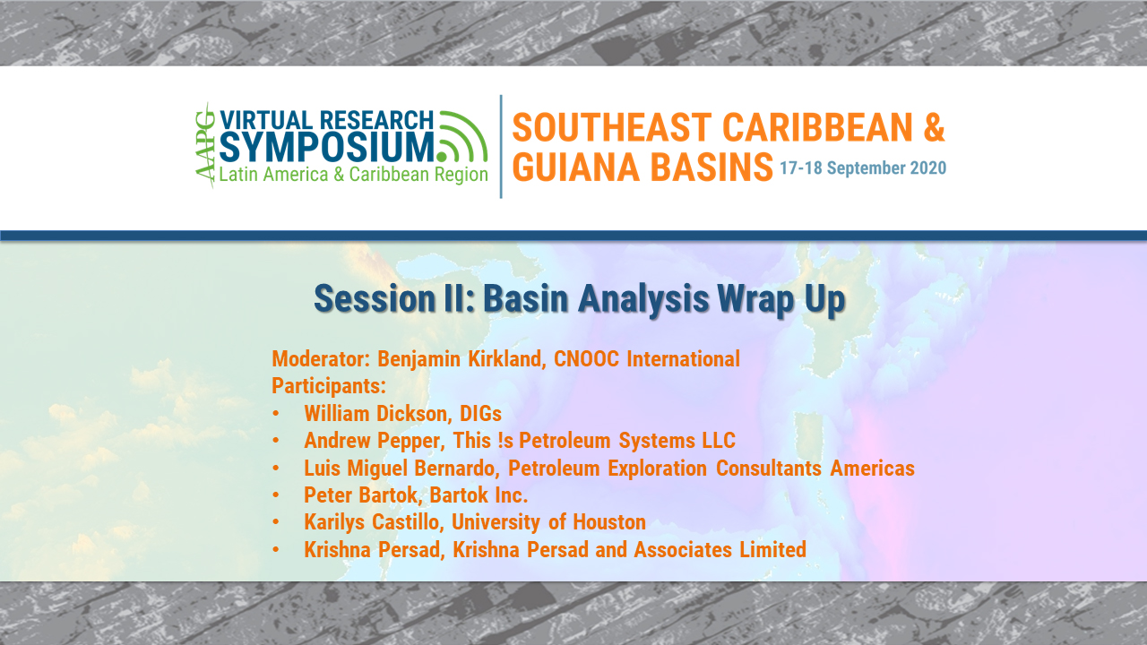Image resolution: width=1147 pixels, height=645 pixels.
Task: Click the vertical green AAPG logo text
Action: (205, 145)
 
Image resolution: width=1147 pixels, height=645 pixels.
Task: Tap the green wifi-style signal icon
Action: (462, 136)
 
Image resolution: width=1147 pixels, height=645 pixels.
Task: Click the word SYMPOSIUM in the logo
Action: (327, 148)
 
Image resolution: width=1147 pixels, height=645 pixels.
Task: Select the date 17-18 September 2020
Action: (863, 168)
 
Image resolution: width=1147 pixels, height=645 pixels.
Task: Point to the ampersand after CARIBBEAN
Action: (934, 127)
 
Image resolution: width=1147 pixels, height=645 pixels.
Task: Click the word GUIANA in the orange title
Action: (576, 167)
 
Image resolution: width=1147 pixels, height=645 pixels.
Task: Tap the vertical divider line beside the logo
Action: (501, 146)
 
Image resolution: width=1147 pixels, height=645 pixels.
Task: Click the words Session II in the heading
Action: (395, 298)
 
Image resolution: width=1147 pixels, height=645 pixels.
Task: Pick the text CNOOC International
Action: (647, 359)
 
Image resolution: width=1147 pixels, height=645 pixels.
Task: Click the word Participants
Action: (328, 386)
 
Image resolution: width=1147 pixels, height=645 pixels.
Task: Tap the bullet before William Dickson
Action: (276, 413)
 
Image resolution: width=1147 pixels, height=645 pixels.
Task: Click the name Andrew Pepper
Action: (375, 441)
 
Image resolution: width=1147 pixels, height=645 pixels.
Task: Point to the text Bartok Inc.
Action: (479, 495)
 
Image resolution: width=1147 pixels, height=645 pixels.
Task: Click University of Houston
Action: (548, 522)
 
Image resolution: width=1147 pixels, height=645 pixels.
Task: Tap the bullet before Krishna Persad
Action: (276, 549)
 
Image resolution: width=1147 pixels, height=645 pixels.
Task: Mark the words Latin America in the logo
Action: (273, 175)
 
